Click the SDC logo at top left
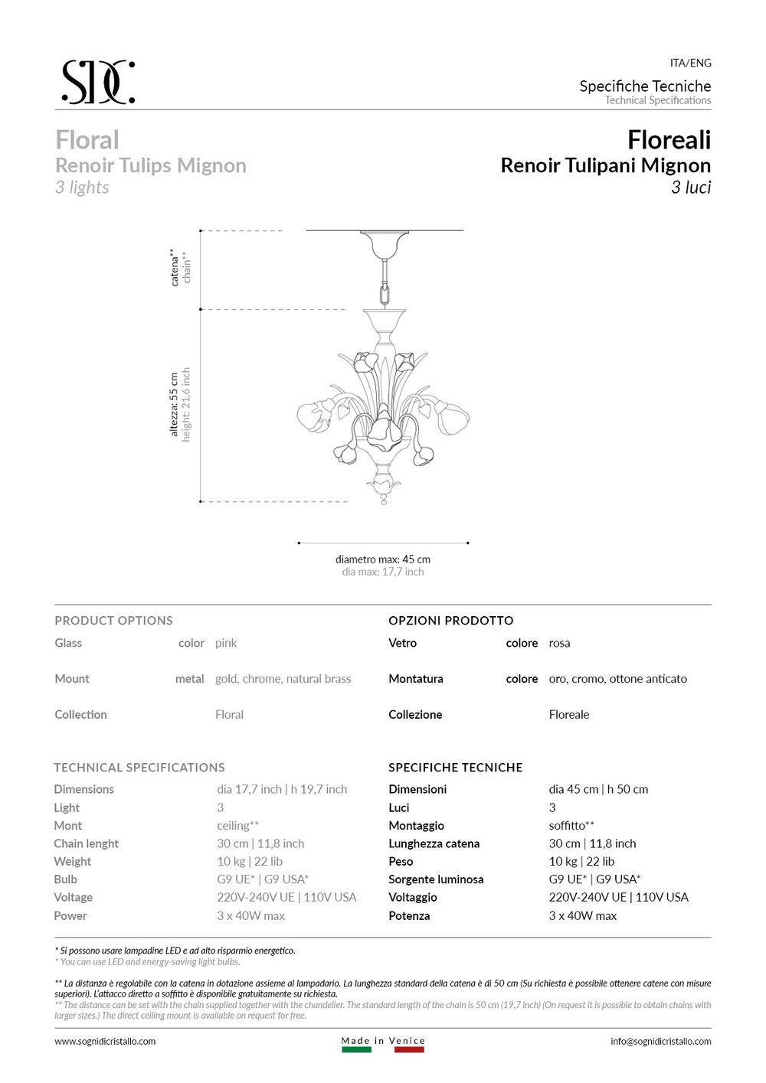(98, 82)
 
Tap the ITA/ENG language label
(690, 63)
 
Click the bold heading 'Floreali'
(669, 140)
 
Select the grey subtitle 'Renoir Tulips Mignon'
(151, 165)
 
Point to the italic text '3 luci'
(691, 188)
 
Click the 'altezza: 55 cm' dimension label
(174, 405)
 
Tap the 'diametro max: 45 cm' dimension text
(382, 559)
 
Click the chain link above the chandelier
(385, 292)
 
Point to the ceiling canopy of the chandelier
(385, 243)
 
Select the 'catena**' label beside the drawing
(175, 267)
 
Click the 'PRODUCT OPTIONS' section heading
(113, 621)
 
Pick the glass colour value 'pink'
(226, 643)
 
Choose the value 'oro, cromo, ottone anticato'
(617, 679)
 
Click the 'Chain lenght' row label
(86, 843)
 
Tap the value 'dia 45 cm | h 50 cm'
(598, 789)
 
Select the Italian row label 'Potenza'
(409, 915)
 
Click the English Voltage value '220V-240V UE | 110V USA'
(286, 897)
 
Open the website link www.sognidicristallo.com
(105, 1041)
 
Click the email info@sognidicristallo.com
(660, 1041)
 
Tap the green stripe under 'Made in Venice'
(356, 1050)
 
